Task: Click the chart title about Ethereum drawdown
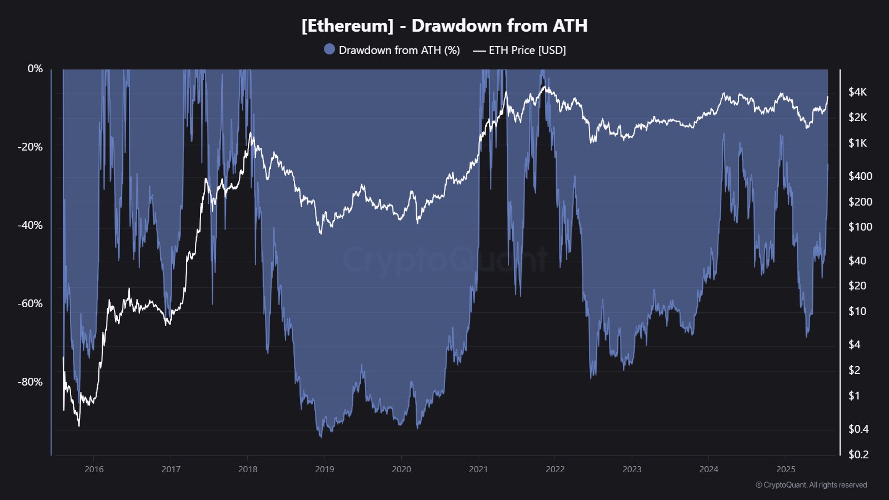(x=444, y=26)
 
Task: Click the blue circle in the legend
(x=329, y=49)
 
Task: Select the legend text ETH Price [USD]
(x=527, y=50)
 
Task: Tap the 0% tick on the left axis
(x=35, y=68)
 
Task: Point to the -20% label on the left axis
(x=31, y=147)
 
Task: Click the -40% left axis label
(x=31, y=225)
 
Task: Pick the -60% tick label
(x=31, y=303)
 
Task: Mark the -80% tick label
(x=31, y=382)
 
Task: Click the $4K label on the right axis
(x=857, y=92)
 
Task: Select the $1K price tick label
(x=857, y=143)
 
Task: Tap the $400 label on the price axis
(x=860, y=176)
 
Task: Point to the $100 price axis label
(x=860, y=227)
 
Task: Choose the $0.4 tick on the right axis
(x=858, y=429)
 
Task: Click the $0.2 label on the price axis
(x=858, y=454)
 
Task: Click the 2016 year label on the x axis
(x=94, y=469)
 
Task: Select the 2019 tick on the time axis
(x=324, y=469)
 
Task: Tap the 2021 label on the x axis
(x=478, y=469)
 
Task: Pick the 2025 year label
(x=786, y=469)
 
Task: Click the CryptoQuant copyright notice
(x=811, y=485)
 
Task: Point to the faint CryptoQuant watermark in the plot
(x=444, y=259)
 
